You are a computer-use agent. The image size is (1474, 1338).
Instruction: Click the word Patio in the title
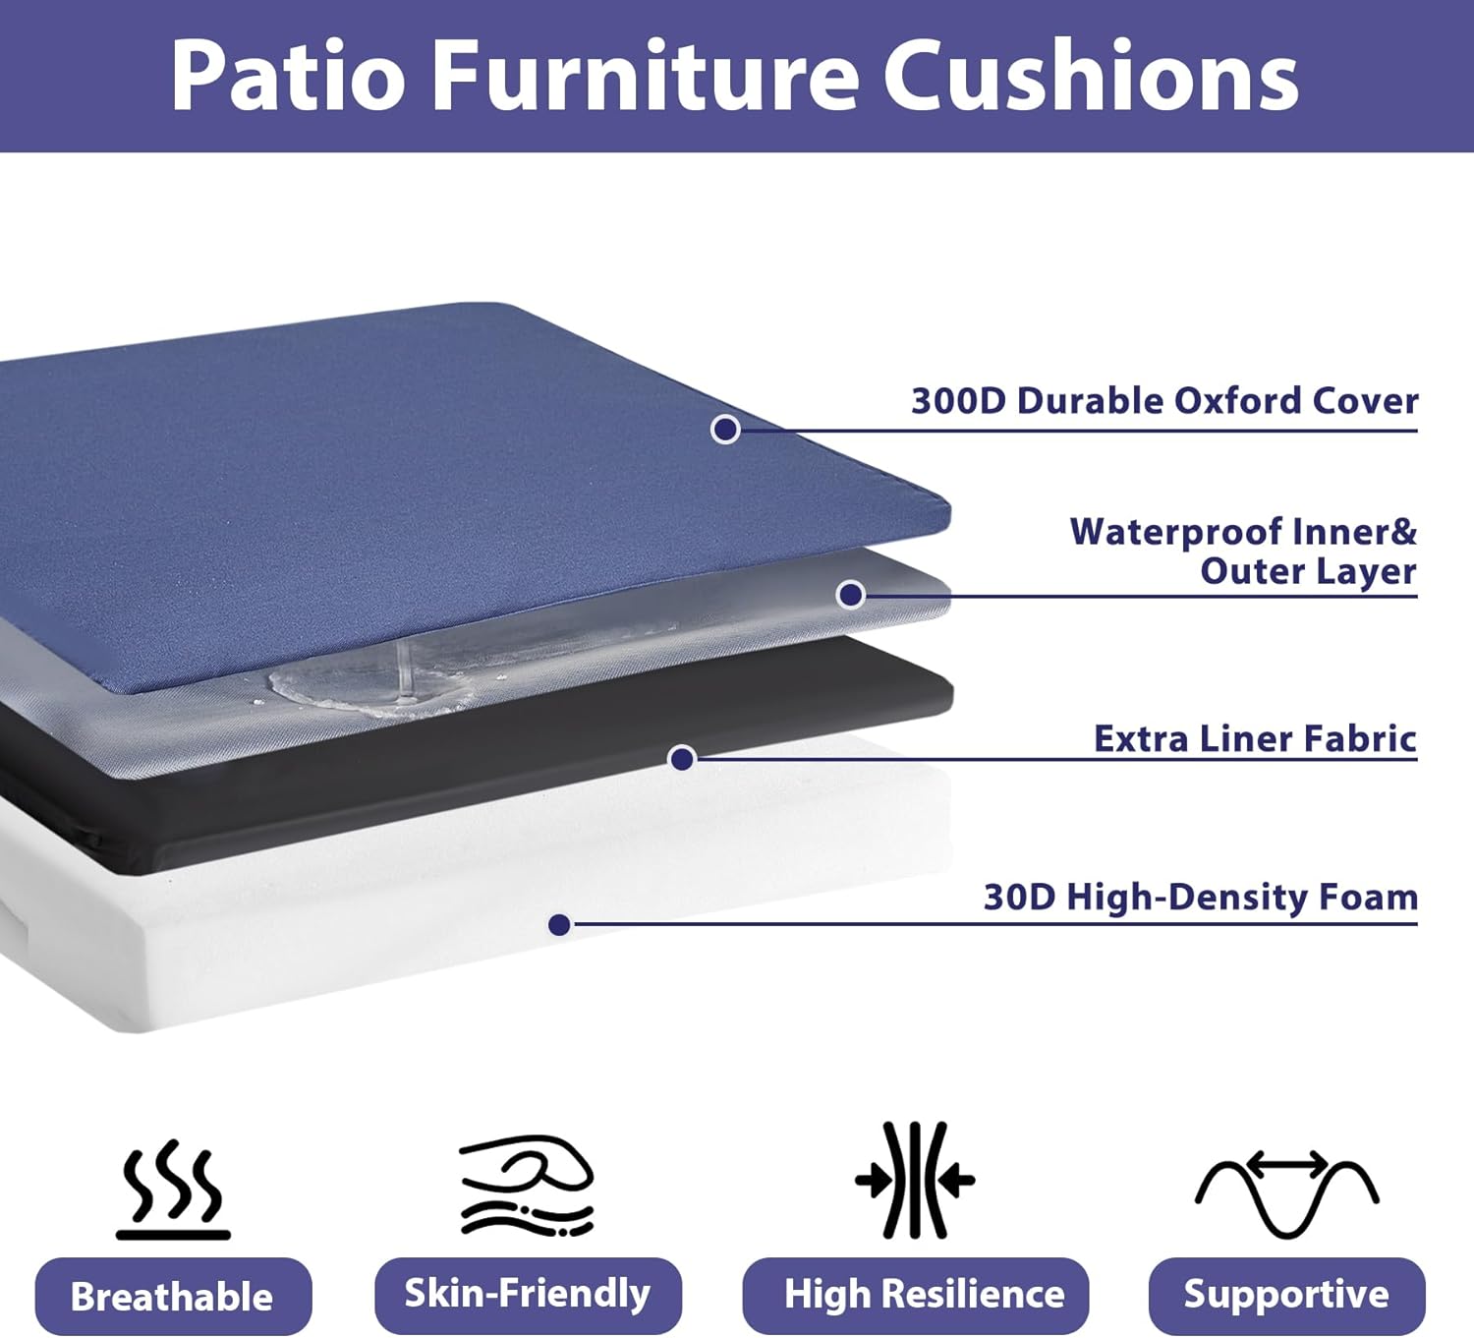point(288,77)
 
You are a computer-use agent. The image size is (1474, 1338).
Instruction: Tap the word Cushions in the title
point(1091,77)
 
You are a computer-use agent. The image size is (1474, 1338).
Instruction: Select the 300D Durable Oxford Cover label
point(1164,401)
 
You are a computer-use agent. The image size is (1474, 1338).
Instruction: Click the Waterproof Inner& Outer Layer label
point(1243,552)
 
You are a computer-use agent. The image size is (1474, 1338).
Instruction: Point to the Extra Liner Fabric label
point(1255,738)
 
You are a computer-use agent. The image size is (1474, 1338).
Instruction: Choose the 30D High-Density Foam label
point(1200,897)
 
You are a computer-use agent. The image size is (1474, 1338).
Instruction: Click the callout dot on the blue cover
point(725,430)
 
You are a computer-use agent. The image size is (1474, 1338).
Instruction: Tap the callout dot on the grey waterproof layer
point(850,595)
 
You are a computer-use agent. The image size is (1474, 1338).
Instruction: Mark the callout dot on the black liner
point(682,758)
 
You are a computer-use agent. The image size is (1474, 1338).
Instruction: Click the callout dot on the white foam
point(559,924)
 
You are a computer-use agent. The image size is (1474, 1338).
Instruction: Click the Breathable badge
point(173,1297)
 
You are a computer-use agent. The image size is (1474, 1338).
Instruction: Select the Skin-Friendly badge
point(528,1294)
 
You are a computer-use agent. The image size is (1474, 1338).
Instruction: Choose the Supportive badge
point(1286,1295)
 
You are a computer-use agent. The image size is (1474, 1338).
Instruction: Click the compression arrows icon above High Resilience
point(915,1180)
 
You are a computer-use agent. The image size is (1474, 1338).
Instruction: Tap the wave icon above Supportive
point(1286,1192)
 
